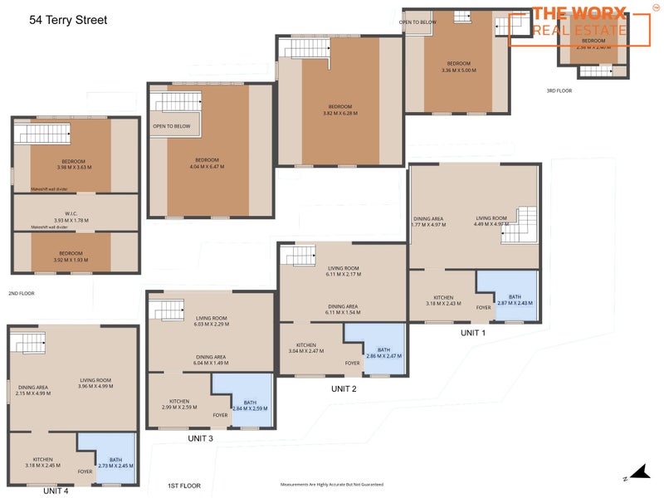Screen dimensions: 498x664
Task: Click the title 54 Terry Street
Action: pyautogui.click(x=68, y=18)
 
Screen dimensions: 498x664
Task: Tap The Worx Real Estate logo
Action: pyautogui.click(x=579, y=22)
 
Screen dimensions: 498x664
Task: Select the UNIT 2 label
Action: pyautogui.click(x=344, y=388)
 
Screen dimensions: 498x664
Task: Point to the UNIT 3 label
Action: pyautogui.click(x=200, y=438)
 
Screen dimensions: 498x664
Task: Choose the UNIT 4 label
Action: pyautogui.click(x=56, y=491)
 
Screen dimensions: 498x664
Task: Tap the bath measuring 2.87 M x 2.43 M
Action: pyautogui.click(x=509, y=300)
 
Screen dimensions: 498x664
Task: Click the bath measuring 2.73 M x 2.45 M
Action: pyautogui.click(x=115, y=462)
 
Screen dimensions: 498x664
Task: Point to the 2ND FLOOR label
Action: pyautogui.click(x=22, y=293)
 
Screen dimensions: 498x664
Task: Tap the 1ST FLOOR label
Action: pyautogui.click(x=184, y=485)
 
